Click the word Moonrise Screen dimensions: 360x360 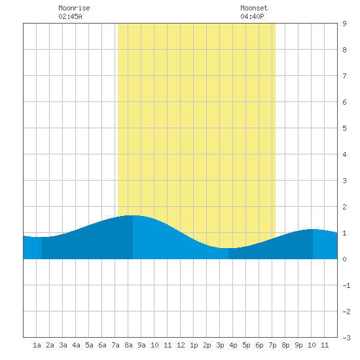[x=74, y=8]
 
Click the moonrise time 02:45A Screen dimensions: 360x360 [x=70, y=16]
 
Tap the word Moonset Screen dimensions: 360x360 [x=254, y=8]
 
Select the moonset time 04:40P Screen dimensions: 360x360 [x=252, y=16]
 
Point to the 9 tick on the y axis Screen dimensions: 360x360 [x=344, y=24]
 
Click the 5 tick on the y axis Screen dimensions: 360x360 [x=344, y=128]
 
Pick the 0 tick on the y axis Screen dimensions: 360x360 [x=344, y=259]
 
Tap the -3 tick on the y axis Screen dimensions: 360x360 [x=346, y=338]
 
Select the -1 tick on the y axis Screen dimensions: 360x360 [x=346, y=285]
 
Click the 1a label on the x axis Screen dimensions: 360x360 [x=37, y=345]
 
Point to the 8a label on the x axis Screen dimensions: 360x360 [x=128, y=345]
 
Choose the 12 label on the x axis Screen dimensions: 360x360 [x=181, y=345]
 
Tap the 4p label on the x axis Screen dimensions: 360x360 [x=233, y=345]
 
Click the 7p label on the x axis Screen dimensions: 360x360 [x=272, y=345]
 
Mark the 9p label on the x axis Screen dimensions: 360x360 [x=298, y=345]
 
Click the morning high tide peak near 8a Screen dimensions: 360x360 [x=133, y=215]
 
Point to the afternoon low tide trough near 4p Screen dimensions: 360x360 [x=228, y=248]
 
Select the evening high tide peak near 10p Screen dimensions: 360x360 [x=312, y=229]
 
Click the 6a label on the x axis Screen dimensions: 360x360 [x=102, y=345]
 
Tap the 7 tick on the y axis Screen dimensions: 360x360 [x=344, y=76]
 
